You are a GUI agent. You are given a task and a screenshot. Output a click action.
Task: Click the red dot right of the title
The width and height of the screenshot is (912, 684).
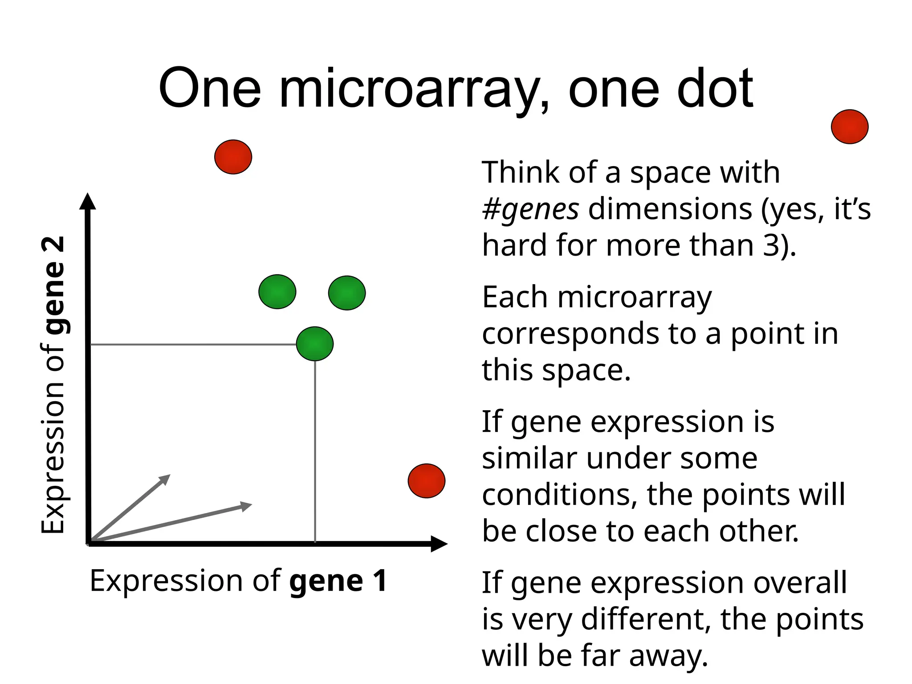pos(849,127)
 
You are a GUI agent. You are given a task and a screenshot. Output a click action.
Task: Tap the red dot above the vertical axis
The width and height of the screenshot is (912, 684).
pos(233,157)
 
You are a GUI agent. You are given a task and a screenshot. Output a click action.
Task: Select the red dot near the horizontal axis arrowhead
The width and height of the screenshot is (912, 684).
pos(427,481)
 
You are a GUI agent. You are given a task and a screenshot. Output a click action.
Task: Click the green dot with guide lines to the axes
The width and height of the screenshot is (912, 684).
pos(315,344)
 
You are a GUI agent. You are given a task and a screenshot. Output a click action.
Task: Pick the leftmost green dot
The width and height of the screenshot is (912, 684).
pos(277,292)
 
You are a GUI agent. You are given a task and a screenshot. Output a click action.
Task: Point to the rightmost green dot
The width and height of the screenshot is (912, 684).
pos(347,293)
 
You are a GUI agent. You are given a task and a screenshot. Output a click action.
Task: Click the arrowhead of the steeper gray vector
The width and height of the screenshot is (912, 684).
pos(165,479)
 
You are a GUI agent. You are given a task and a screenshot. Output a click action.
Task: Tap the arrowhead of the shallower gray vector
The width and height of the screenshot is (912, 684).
pos(246,506)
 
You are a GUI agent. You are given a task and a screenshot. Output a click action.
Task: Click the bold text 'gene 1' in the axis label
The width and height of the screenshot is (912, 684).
pos(338,581)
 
